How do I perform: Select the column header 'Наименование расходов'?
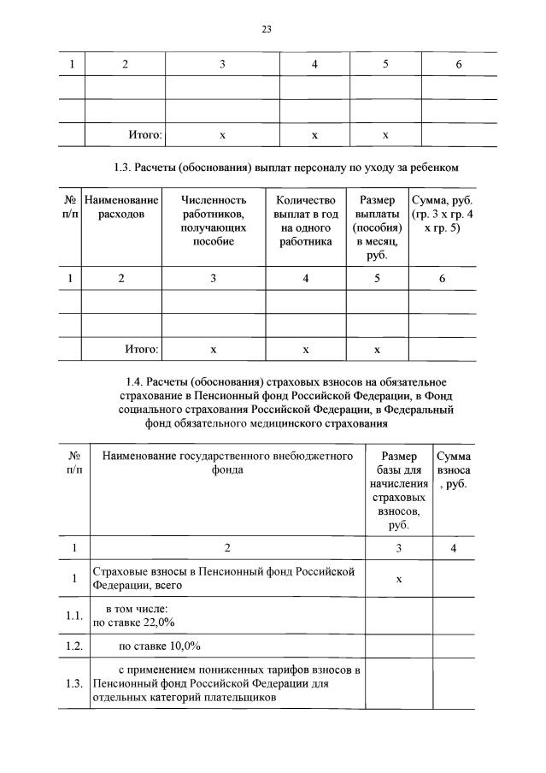tap(121, 206)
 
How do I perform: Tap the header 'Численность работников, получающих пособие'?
tap(214, 221)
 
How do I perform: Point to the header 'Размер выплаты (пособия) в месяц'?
tap(376, 227)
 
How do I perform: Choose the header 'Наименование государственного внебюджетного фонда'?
tap(227, 463)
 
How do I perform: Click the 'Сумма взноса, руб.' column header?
tap(452, 470)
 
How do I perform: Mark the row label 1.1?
tap(74, 616)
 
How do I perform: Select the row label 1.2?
tap(74, 644)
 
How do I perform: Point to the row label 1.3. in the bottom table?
tap(74, 683)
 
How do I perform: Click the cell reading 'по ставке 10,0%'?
tap(160, 644)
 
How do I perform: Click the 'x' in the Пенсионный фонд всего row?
tap(399, 579)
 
